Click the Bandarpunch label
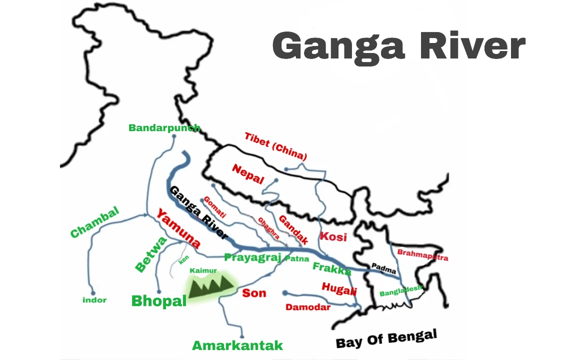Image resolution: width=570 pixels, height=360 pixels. (x=164, y=127)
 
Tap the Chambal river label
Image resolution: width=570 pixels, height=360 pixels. (x=95, y=221)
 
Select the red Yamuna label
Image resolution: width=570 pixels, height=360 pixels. (x=178, y=229)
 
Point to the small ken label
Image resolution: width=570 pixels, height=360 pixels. (x=184, y=260)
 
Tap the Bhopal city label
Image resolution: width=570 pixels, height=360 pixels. (x=158, y=300)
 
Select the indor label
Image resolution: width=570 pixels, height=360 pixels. (x=94, y=300)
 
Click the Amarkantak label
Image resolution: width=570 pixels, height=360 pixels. (x=237, y=345)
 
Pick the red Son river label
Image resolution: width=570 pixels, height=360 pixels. (x=254, y=293)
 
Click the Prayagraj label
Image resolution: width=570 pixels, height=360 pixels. (x=253, y=257)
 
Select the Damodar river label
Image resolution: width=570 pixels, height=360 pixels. (x=308, y=307)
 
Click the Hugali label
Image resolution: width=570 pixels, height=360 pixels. (x=339, y=288)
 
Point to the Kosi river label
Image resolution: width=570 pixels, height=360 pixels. (x=333, y=236)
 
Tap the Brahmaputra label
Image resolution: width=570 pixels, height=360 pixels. (x=422, y=254)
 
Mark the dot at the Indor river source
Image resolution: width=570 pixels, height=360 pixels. (x=92, y=293)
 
